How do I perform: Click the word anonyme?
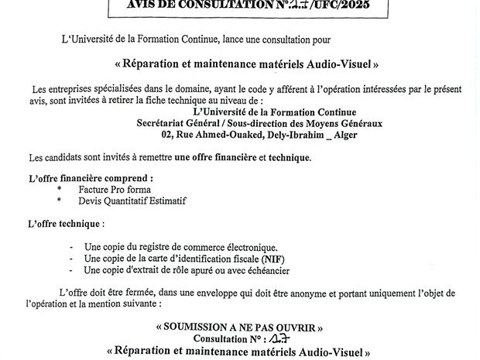point(313,293)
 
